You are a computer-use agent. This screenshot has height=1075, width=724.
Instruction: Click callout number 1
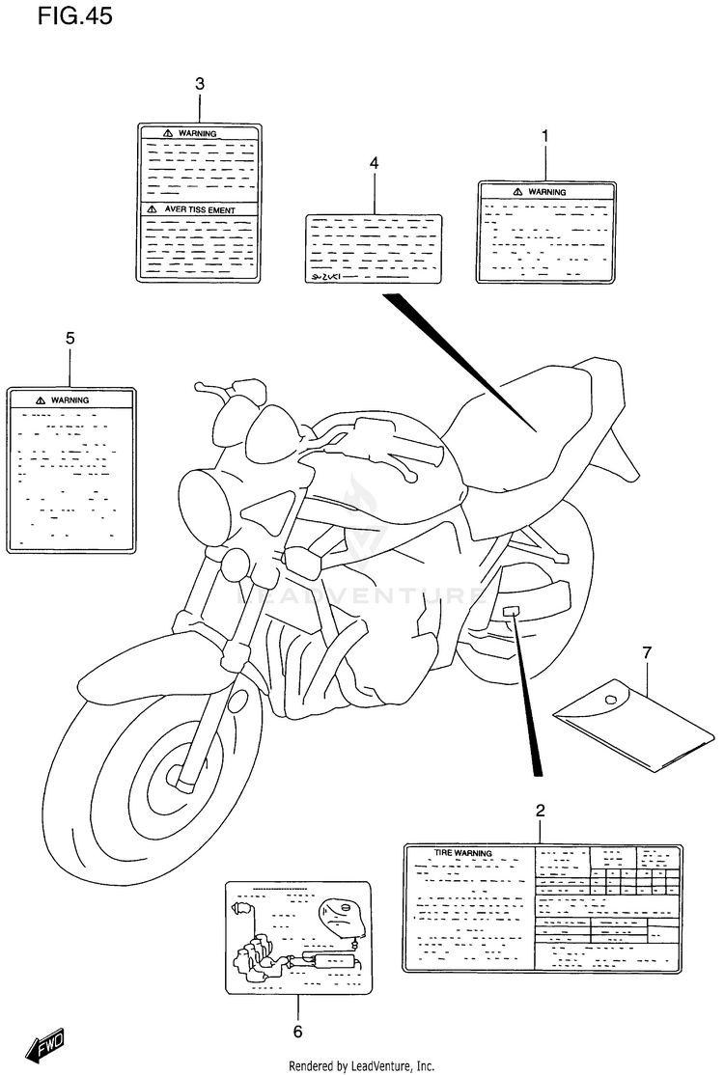(x=544, y=137)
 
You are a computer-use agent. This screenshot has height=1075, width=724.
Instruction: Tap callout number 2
(x=541, y=809)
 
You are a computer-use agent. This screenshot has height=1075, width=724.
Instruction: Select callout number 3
(x=200, y=84)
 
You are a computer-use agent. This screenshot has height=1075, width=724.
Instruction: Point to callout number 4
(x=374, y=163)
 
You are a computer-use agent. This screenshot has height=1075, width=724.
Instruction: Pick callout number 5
(x=70, y=338)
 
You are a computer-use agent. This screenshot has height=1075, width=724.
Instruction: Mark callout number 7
(x=646, y=653)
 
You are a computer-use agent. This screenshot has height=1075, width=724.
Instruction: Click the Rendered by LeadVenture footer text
(x=362, y=1065)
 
